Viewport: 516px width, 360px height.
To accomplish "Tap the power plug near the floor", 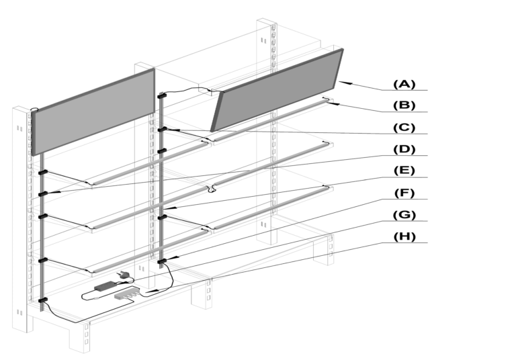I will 125,275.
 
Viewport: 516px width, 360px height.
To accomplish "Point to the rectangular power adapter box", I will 105,286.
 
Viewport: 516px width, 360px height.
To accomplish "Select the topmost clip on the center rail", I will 162,97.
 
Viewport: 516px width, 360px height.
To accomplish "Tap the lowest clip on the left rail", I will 43,300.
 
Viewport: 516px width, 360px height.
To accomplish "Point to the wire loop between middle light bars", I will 212,188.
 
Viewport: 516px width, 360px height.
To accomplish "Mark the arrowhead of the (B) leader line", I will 331,102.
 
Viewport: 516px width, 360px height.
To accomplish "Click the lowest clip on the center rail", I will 162,261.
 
